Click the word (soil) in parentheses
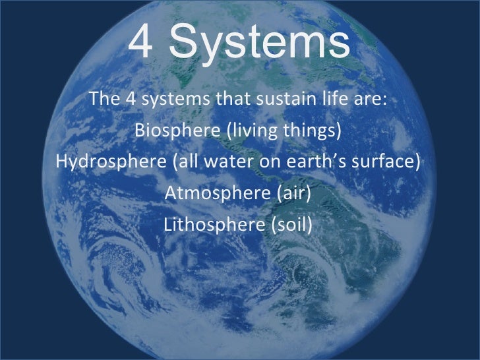click(x=291, y=225)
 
